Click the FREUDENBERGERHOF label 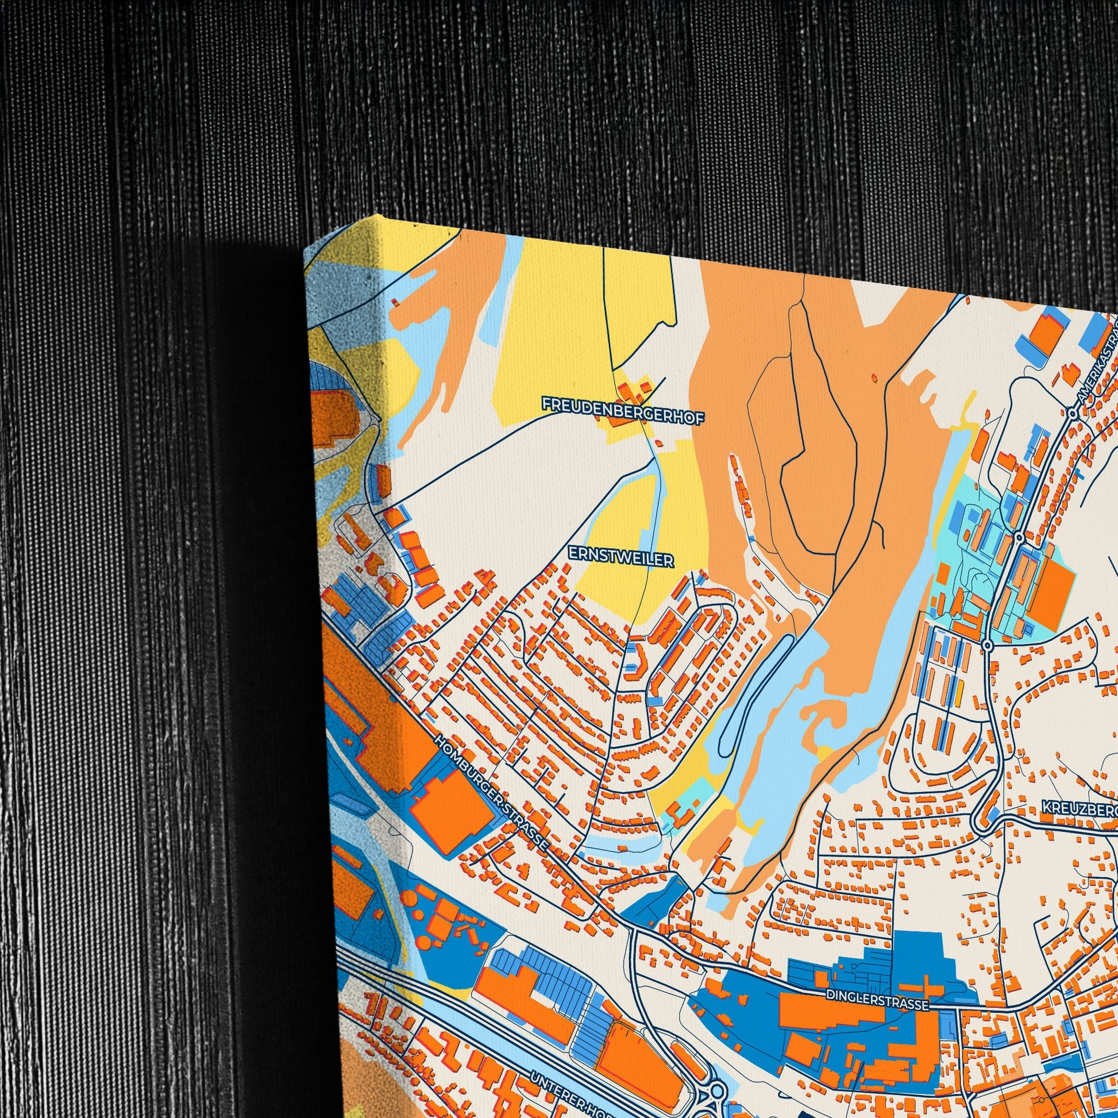[x=623, y=420]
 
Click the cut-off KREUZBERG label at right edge [x=1080, y=806]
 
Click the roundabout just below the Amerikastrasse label [x=1072, y=413]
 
